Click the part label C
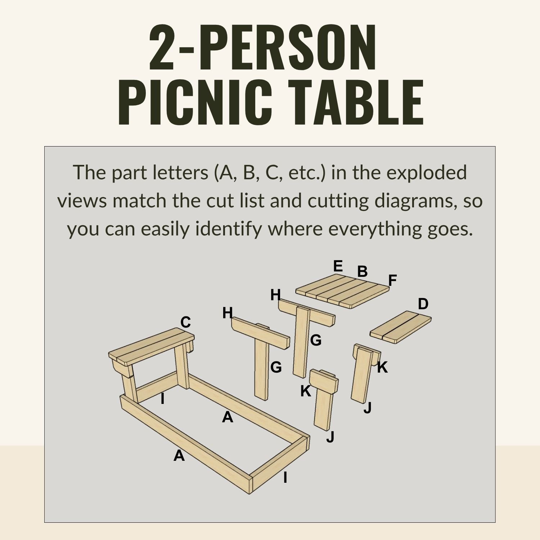[185, 322]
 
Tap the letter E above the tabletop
[338, 266]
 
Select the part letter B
[363, 271]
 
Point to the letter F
[392, 280]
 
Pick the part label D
[423, 304]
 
